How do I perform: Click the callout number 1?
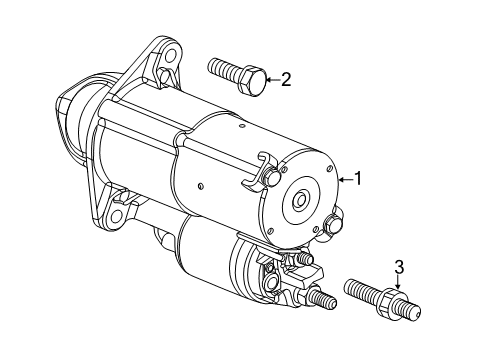coord(358,179)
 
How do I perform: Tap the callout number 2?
coord(286,79)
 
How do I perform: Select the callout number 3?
coord(399,267)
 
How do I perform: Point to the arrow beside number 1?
coord(346,180)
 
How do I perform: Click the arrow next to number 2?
coord(272,80)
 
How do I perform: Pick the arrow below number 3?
coord(398,283)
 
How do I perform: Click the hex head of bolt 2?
coord(253,80)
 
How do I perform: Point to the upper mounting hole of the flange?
coord(170,54)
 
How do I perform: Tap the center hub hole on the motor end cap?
coord(301,200)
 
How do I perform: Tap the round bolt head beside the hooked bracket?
coord(272,177)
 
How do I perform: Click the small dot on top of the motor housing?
coord(242,126)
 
